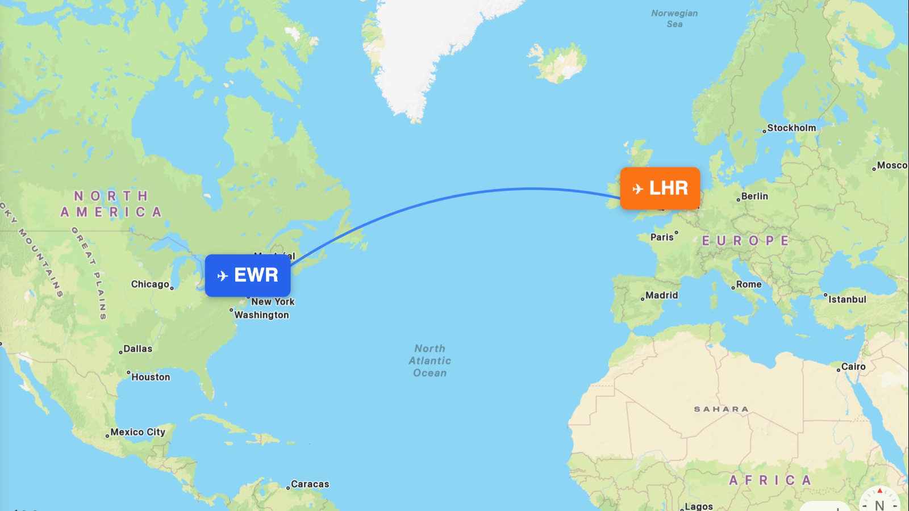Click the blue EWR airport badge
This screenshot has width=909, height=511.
pyautogui.click(x=248, y=275)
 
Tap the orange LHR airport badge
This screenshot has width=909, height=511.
pyautogui.click(x=660, y=188)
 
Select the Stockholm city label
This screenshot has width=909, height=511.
pyautogui.click(x=791, y=128)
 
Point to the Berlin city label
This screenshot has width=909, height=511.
pyautogui.click(x=754, y=196)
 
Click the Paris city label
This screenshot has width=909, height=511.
pyautogui.click(x=662, y=237)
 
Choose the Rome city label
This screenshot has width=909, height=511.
pyautogui.click(x=748, y=284)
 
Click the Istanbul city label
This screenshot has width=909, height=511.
pyautogui.click(x=847, y=299)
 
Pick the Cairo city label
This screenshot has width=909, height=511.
pyautogui.click(x=853, y=367)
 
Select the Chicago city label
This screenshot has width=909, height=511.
pyautogui.click(x=151, y=284)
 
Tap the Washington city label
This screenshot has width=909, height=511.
pyautogui.click(x=261, y=315)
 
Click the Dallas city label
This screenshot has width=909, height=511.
pyautogui.click(x=137, y=349)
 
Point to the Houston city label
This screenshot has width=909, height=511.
pyautogui.click(x=151, y=377)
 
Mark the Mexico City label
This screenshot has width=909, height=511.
pyautogui.click(x=137, y=432)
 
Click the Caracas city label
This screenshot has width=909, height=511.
pyautogui.click(x=310, y=484)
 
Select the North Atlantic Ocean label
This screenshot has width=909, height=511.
pyautogui.click(x=430, y=361)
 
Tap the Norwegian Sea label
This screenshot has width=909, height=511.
pyautogui.click(x=674, y=18)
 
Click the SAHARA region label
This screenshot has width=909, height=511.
pyautogui.click(x=721, y=409)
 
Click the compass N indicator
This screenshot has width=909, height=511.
pyautogui.click(x=879, y=504)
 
